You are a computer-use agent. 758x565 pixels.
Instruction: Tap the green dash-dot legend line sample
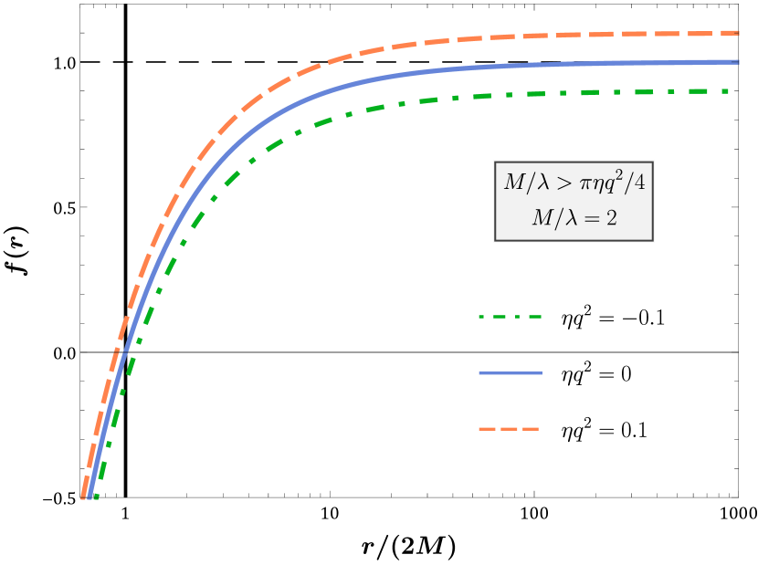pyautogui.click(x=510, y=317)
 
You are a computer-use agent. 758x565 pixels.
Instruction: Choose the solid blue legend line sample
pyautogui.click(x=510, y=373)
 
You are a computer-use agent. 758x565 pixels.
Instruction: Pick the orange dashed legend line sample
pyautogui.click(x=509, y=429)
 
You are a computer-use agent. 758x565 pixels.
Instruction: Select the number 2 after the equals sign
pyautogui.click(x=610, y=219)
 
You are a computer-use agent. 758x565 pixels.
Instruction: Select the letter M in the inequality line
pyautogui.click(x=513, y=183)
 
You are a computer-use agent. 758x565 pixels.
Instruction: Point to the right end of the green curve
pyautogui.click(x=727, y=91)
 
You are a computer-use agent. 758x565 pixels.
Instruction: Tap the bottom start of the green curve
pyautogui.click(x=96, y=497)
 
